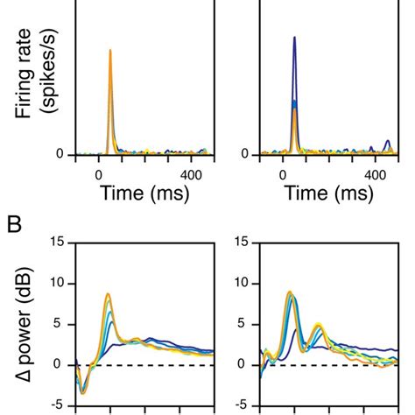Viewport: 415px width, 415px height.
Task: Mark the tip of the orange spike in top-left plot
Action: pos(110,50)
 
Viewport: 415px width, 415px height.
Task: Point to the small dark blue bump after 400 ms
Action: pos(388,141)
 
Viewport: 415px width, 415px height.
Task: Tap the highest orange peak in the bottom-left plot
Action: pos(108,294)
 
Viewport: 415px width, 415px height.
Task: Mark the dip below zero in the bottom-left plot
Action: pos(83,392)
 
